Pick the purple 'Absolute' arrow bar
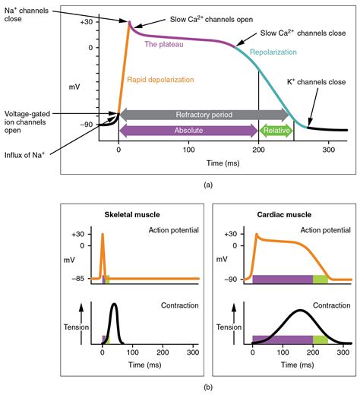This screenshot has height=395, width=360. click(188, 131)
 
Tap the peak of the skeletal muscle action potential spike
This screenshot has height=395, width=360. click(103, 234)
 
